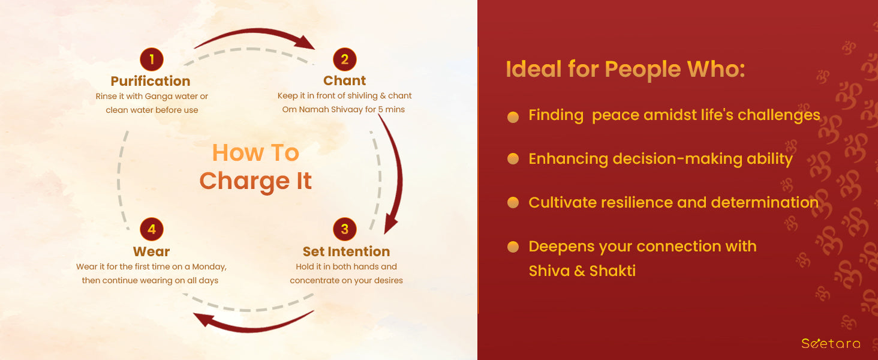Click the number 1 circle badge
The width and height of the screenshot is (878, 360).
pyautogui.click(x=152, y=59)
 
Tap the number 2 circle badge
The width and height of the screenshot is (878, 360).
pyautogui.click(x=344, y=59)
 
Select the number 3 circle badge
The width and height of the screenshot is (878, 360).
pyautogui.click(x=344, y=229)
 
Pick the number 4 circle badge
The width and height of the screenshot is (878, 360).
pyautogui.click(x=152, y=229)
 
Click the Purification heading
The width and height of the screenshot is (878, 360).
pyautogui.click(x=151, y=81)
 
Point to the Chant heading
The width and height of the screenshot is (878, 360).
pyautogui.click(x=344, y=80)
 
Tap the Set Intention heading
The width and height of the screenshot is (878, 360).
pyautogui.click(x=346, y=251)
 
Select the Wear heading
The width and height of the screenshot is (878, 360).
pyautogui.click(x=151, y=251)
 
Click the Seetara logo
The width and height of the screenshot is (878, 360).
pyautogui.click(x=831, y=344)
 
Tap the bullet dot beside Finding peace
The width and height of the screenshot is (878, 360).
pyautogui.click(x=513, y=117)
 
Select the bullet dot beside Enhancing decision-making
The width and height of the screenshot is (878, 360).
pyautogui.click(x=513, y=159)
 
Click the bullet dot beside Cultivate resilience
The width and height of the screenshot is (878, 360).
pyautogui.click(x=513, y=203)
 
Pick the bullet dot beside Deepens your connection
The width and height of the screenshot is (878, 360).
pyautogui.click(x=513, y=247)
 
